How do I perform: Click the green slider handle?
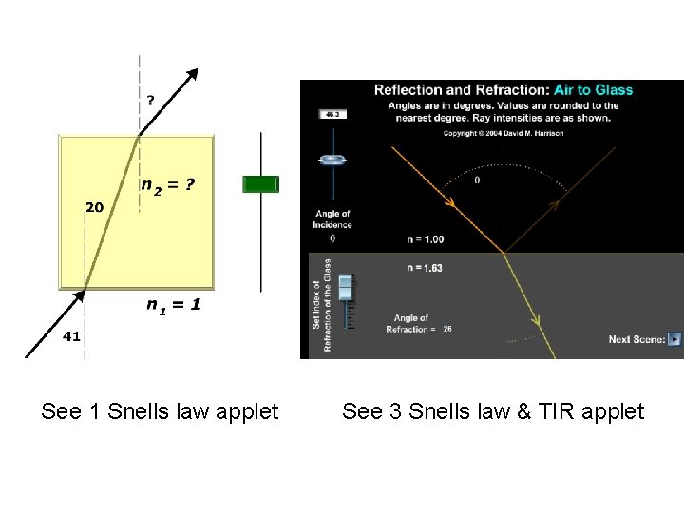point(260,184)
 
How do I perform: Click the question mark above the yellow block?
point(150,98)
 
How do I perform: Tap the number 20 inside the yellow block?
point(95,206)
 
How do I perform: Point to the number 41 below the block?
point(72,336)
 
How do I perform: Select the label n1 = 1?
point(173,305)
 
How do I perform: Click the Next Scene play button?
point(674,338)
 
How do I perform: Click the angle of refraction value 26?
point(447,329)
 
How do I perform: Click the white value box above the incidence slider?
point(332,114)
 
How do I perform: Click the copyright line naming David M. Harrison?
point(503,133)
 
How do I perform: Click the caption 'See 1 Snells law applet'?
point(160,411)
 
